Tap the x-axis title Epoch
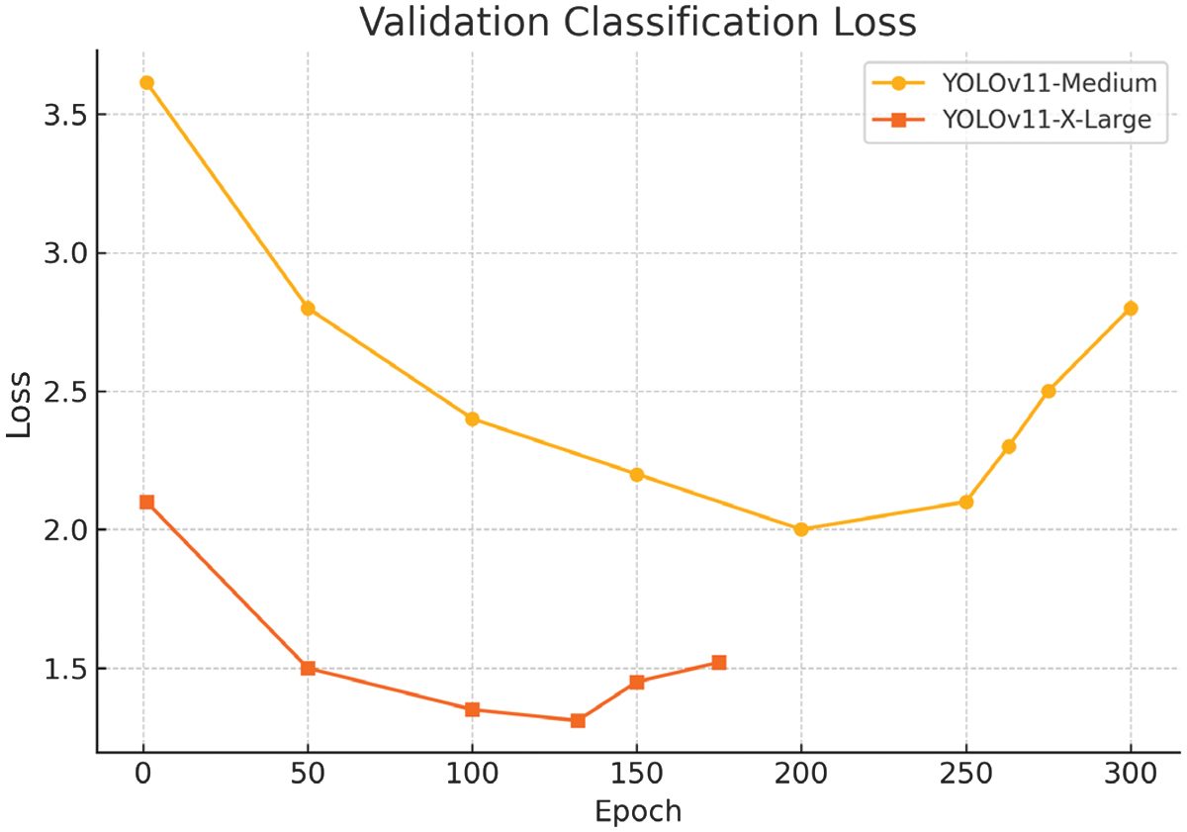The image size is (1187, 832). pos(638,812)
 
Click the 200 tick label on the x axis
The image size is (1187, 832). pos(801,774)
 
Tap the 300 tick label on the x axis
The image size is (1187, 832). pos(1131,774)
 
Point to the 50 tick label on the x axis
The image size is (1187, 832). pos(308,774)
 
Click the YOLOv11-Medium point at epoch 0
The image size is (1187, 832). pos(146,83)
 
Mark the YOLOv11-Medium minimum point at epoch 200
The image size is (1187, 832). pos(801,529)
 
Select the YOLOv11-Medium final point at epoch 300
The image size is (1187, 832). pos(1131,308)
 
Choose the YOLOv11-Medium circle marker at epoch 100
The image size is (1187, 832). pos(472,418)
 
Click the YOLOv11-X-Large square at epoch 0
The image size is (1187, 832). pos(146,502)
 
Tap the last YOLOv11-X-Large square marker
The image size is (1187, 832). pos(719,662)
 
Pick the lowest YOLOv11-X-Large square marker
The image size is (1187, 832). pos(578,720)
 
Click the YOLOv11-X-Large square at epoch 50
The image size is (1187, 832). pos(308,668)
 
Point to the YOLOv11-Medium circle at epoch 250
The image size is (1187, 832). pos(966,502)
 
